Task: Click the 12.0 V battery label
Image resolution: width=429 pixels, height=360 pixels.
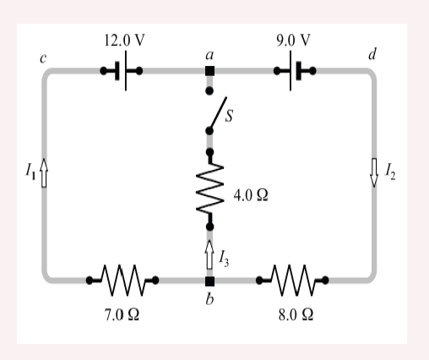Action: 124,41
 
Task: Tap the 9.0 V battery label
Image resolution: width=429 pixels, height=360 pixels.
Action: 293,41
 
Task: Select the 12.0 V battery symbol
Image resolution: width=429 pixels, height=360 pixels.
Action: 122,71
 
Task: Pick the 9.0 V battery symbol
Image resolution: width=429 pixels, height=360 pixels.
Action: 295,71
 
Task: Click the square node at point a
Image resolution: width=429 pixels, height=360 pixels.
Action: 209,71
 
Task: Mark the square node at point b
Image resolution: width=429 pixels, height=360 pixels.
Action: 209,281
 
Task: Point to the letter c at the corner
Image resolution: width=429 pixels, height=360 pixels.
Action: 43,58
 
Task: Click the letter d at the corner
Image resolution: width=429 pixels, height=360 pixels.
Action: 372,54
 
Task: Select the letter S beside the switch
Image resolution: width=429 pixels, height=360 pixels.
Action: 229,116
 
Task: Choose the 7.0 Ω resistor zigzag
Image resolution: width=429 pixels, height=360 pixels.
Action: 122,280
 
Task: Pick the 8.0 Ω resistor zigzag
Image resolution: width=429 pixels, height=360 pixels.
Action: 292,280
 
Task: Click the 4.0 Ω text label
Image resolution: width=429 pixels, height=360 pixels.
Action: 251,195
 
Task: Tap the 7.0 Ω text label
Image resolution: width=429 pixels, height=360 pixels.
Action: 122,314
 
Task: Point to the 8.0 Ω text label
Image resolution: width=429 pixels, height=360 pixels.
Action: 296,314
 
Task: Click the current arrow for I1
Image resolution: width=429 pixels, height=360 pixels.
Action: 44,172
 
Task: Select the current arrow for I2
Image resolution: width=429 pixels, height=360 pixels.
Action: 374,172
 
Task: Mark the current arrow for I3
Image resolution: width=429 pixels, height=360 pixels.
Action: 209,254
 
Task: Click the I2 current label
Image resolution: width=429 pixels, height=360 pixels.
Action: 390,172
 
